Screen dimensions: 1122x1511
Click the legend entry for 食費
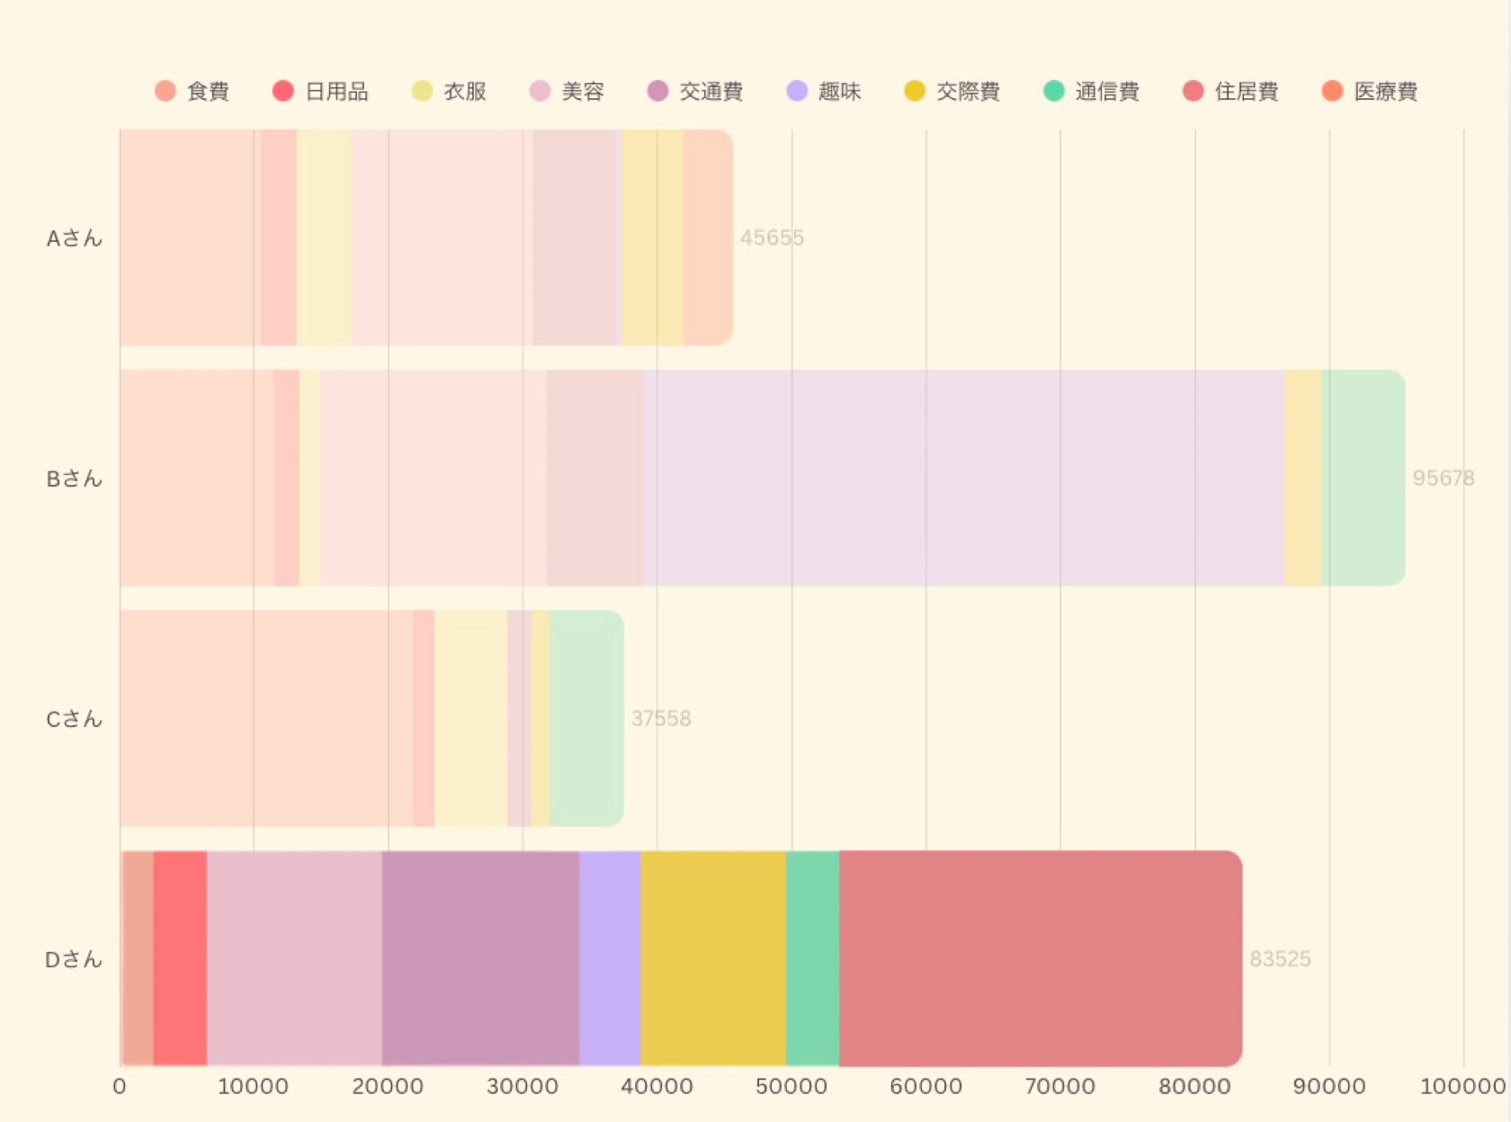[192, 91]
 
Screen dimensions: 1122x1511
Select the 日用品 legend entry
[320, 91]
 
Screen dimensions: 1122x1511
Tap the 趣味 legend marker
[797, 91]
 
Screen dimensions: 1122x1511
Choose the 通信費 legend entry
[1091, 91]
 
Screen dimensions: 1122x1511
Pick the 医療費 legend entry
[1370, 91]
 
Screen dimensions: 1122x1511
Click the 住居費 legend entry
[1230, 91]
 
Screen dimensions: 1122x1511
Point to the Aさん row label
[75, 238]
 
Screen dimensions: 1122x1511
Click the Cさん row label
[75, 719]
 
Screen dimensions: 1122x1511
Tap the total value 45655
[772, 238]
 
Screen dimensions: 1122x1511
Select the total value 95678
[1444, 478]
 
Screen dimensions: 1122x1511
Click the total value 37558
[661, 718]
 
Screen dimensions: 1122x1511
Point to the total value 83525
[1280, 958]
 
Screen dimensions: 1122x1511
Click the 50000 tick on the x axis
[791, 1086]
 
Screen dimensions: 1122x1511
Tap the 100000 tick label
[1462, 1086]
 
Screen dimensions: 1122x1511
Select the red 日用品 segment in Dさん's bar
[180, 958]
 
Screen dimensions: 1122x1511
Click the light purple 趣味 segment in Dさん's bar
[610, 958]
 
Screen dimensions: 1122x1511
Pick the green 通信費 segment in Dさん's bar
[812, 958]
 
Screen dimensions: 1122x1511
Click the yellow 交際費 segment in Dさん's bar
[713, 958]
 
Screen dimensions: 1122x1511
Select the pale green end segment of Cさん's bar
[586, 718]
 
